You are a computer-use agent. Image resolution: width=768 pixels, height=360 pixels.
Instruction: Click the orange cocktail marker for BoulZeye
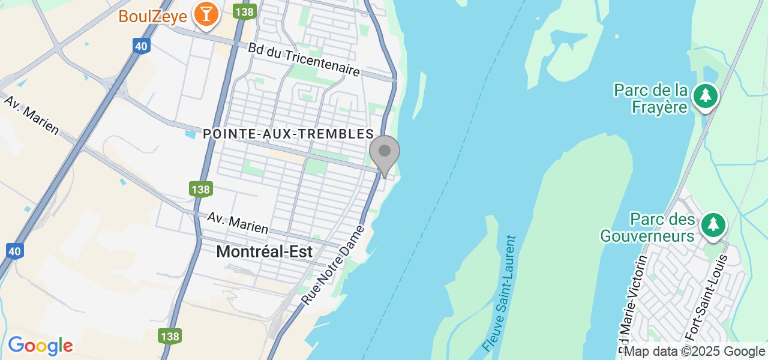[206, 14]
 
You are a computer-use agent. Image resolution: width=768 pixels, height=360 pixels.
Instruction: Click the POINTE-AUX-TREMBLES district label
[289, 134]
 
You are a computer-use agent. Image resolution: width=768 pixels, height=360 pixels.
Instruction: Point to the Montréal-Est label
[265, 252]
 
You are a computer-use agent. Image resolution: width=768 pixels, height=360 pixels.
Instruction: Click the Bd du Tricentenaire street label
[304, 59]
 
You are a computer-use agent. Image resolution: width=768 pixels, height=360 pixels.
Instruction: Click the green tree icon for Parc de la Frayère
[705, 96]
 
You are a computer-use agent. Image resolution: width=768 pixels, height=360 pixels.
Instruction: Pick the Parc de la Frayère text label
[650, 99]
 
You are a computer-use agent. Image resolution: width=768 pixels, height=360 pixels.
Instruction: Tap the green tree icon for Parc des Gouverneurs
[713, 225]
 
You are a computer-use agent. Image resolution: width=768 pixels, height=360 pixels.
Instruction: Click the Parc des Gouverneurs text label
[647, 227]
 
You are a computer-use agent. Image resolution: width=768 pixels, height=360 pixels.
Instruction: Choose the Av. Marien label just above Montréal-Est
[238, 223]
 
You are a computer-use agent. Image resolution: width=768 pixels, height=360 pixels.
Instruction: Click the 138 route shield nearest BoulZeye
[245, 11]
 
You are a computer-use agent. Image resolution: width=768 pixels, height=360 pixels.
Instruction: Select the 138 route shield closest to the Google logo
[170, 336]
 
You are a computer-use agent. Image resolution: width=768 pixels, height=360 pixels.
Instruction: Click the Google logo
[40, 346]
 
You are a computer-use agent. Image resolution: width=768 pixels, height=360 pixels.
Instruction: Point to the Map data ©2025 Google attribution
[694, 352]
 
